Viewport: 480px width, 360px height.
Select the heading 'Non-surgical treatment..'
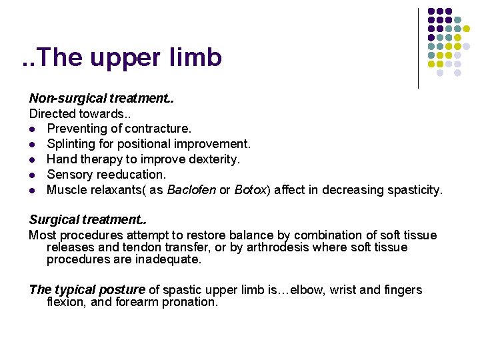tap(101, 99)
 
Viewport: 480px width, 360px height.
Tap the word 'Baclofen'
tap(191, 190)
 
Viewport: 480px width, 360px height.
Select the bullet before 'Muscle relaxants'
tap(32, 191)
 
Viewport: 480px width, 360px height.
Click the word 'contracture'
tap(157, 129)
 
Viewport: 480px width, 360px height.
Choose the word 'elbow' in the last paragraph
tap(300, 289)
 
